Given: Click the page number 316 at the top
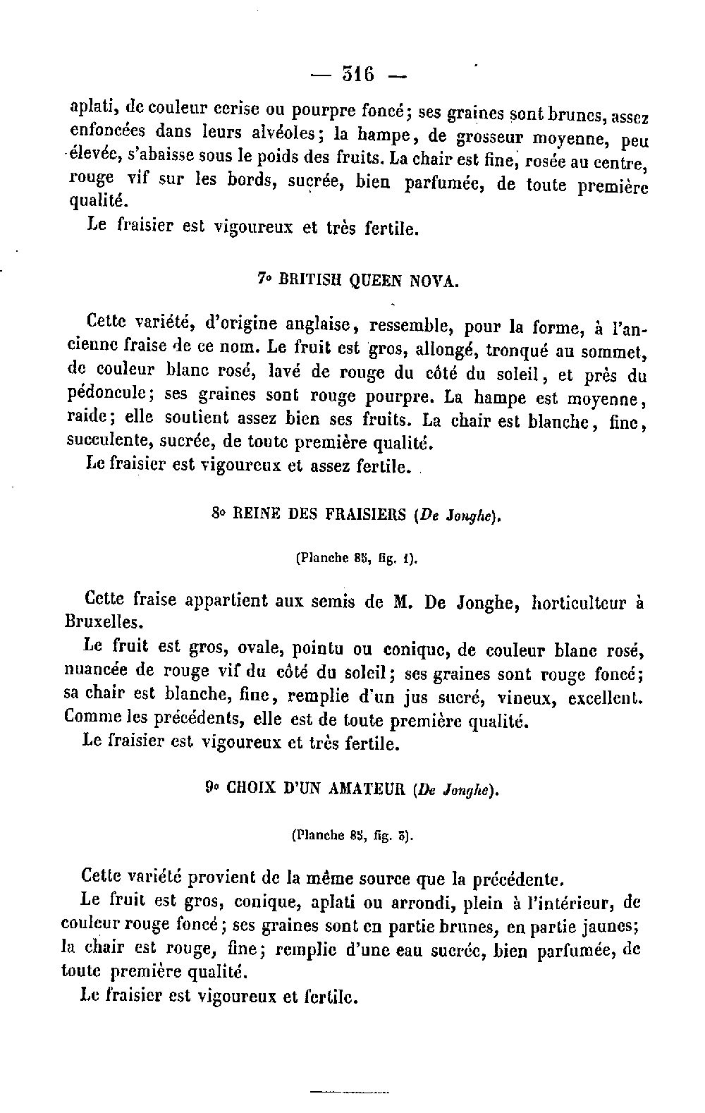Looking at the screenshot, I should pyautogui.click(x=359, y=73).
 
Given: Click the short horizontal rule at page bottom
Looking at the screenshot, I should pyautogui.click(x=350, y=1093).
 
